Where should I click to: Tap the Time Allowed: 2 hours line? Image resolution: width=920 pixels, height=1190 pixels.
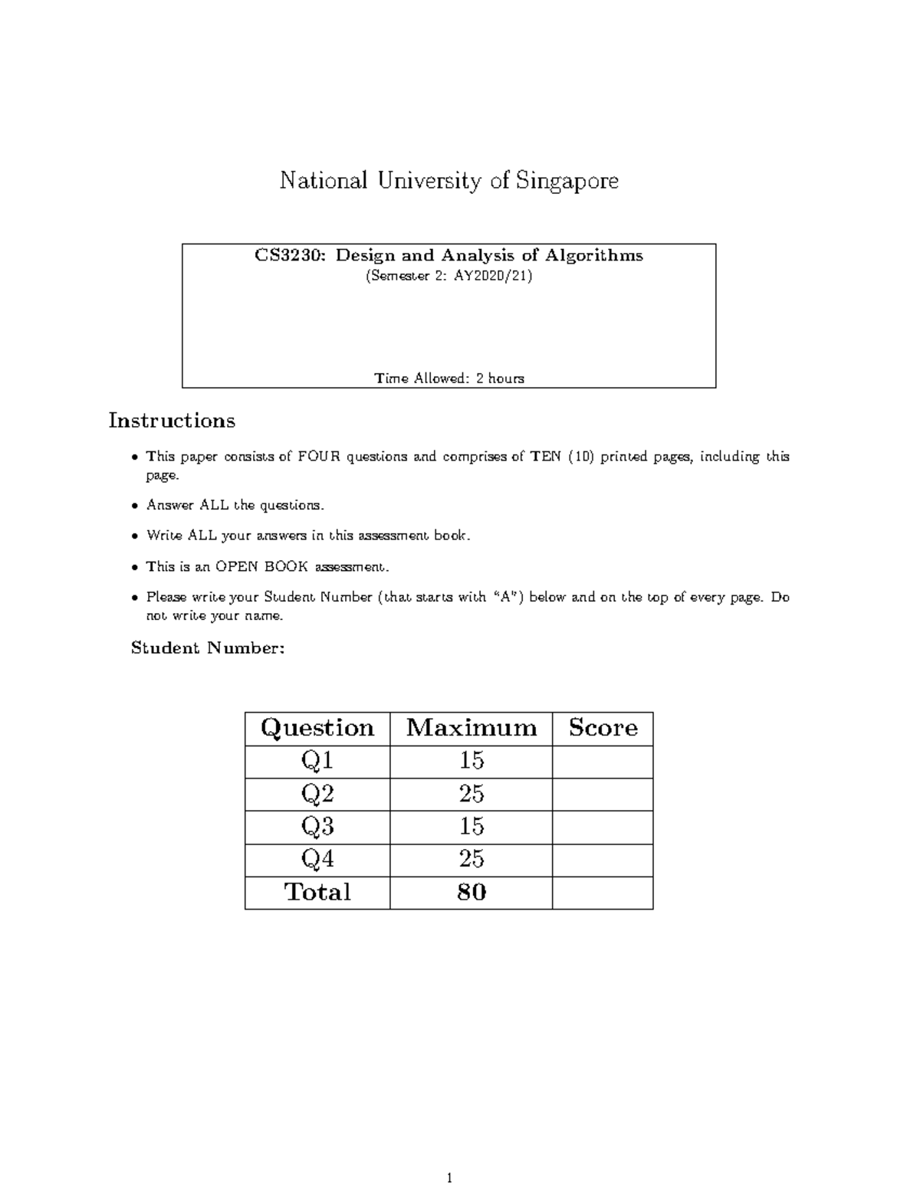pyautogui.click(x=449, y=379)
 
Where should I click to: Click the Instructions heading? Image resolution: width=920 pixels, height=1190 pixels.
pyautogui.click(x=172, y=421)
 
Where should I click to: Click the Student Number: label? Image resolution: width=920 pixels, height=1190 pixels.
pyautogui.click(x=208, y=648)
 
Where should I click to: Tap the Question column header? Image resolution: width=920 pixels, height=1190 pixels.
pyautogui.click(x=317, y=728)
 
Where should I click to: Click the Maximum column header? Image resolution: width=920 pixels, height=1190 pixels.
pyautogui.click(x=471, y=728)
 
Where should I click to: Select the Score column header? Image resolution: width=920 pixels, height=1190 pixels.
pyautogui.click(x=603, y=728)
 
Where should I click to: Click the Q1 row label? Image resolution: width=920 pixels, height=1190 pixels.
pyautogui.click(x=317, y=761)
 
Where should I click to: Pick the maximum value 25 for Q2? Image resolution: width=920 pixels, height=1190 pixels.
pyautogui.click(x=471, y=794)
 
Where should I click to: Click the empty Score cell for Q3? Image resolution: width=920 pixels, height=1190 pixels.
pyautogui.click(x=603, y=828)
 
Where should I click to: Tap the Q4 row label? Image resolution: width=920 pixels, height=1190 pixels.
pyautogui.click(x=317, y=860)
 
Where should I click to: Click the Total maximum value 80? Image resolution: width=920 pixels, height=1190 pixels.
pyautogui.click(x=471, y=893)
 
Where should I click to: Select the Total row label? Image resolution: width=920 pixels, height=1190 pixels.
pyautogui.click(x=317, y=893)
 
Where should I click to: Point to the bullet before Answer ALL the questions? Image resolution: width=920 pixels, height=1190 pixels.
pyautogui.click(x=135, y=506)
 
